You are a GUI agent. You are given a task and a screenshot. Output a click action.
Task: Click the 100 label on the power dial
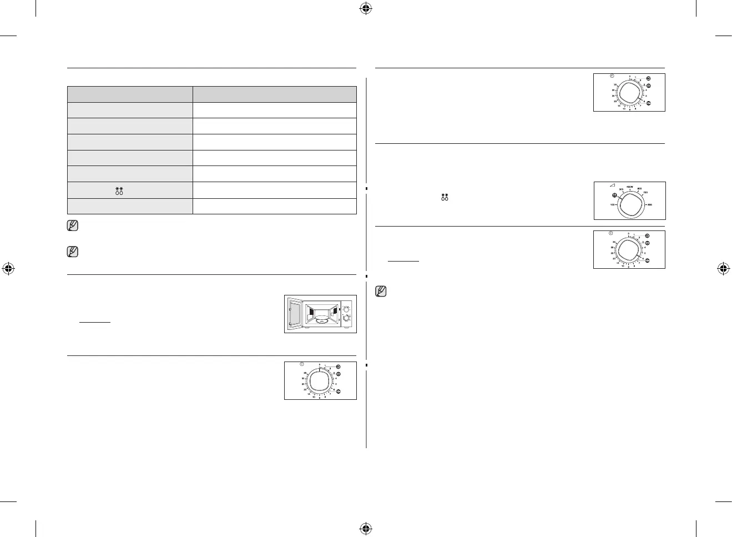pyautogui.click(x=613, y=205)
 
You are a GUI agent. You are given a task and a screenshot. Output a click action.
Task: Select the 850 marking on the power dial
pyautogui.click(x=649, y=205)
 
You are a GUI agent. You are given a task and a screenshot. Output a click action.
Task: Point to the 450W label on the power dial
pyautogui.click(x=630, y=187)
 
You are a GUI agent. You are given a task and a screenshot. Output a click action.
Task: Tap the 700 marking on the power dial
pyautogui.click(x=645, y=193)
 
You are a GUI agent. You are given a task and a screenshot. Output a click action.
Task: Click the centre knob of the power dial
pyautogui.click(x=630, y=204)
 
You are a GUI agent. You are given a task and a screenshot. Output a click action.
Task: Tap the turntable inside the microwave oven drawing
pyautogui.click(x=321, y=320)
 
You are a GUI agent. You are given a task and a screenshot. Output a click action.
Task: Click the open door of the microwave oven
pyautogui.click(x=294, y=314)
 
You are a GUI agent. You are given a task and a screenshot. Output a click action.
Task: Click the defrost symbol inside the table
pyautogui.click(x=119, y=190)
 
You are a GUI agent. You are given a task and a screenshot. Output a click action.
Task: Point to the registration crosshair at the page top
pyautogui.click(x=365, y=8)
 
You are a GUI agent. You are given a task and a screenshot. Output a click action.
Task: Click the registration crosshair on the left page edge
pyautogui.click(x=8, y=269)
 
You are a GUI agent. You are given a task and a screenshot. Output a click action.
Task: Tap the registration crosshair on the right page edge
pyautogui.click(x=723, y=269)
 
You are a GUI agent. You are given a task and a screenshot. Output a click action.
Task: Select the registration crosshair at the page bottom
pyautogui.click(x=365, y=529)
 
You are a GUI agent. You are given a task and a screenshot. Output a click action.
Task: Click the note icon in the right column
pyautogui.click(x=381, y=291)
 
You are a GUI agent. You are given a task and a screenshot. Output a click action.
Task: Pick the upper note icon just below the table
pyautogui.click(x=73, y=226)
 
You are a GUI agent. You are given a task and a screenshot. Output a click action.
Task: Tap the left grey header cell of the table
pyautogui.click(x=130, y=94)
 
